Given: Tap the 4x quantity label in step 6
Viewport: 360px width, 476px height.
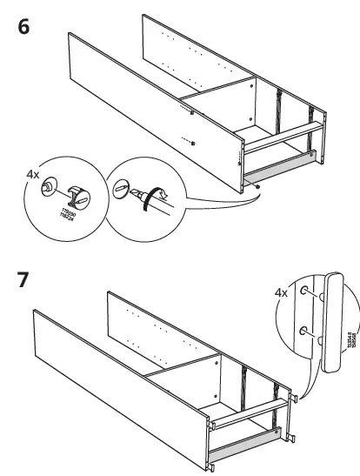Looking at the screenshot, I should pyautogui.click(x=33, y=174).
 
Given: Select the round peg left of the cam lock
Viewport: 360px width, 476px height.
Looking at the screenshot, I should pyautogui.click(x=50, y=185).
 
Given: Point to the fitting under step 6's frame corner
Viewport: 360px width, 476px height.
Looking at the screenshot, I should pyautogui.click(x=258, y=184).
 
